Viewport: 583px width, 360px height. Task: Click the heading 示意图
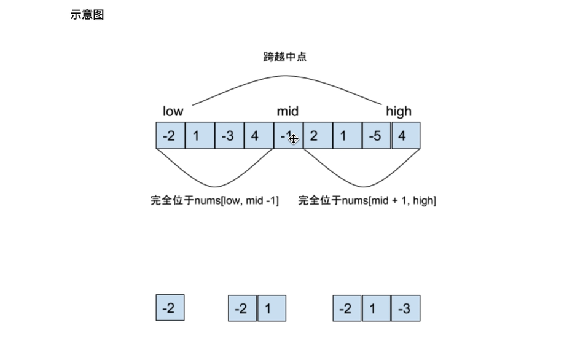[x=87, y=15]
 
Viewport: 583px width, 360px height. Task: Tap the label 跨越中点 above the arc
[x=285, y=57]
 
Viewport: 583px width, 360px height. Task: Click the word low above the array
[x=173, y=111]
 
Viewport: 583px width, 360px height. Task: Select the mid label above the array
[x=288, y=111]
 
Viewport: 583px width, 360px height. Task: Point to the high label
[x=399, y=111]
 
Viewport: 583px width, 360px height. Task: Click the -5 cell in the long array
[x=375, y=136]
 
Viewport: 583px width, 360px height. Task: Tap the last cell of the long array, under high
[x=405, y=136]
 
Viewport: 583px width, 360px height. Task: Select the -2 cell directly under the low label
[x=170, y=136]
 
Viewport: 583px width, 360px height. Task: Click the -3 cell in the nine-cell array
[x=229, y=136]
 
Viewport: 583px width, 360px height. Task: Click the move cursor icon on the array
[x=294, y=139]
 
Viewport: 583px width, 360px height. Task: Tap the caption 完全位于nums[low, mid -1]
[x=214, y=200]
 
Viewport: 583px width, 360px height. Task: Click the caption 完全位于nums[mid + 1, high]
[x=367, y=200]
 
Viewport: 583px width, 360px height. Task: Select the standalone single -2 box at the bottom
[x=170, y=308]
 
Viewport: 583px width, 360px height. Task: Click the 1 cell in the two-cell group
[x=272, y=308]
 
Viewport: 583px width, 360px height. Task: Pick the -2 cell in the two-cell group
[x=242, y=308]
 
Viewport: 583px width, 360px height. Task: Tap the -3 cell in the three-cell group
[x=405, y=308]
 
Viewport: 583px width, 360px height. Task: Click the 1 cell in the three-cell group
[x=376, y=308]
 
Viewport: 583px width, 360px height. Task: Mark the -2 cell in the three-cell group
[x=347, y=308]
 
